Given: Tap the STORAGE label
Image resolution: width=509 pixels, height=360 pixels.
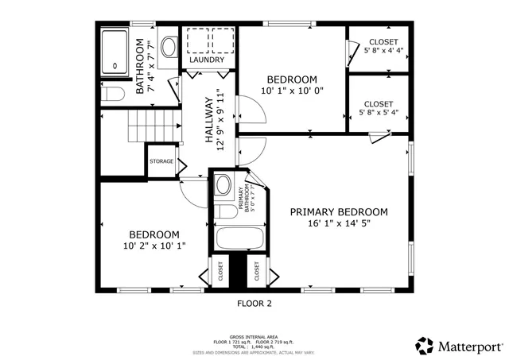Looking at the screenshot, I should [x=161, y=161].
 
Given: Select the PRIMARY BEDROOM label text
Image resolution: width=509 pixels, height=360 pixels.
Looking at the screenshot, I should [x=338, y=212].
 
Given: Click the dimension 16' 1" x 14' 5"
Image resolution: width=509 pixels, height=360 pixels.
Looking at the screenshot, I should [x=338, y=224].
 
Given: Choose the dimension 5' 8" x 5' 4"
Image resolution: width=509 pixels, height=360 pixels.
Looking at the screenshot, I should [x=379, y=113].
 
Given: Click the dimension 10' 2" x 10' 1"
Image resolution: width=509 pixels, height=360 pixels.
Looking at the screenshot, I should [x=154, y=247].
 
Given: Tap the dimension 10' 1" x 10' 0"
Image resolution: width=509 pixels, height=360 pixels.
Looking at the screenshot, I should [x=292, y=91].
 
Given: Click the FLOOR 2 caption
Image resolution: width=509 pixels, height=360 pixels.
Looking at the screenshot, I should [x=254, y=303].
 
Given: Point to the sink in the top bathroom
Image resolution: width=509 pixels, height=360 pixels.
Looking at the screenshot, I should [x=170, y=47].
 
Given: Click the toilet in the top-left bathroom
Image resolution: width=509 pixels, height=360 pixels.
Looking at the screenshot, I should [x=115, y=95].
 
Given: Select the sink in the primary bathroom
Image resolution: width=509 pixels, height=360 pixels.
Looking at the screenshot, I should [x=223, y=187].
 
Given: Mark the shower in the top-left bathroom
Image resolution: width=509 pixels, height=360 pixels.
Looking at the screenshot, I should [x=116, y=51].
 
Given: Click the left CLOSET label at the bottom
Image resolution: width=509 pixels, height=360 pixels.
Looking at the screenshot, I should [x=216, y=272].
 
